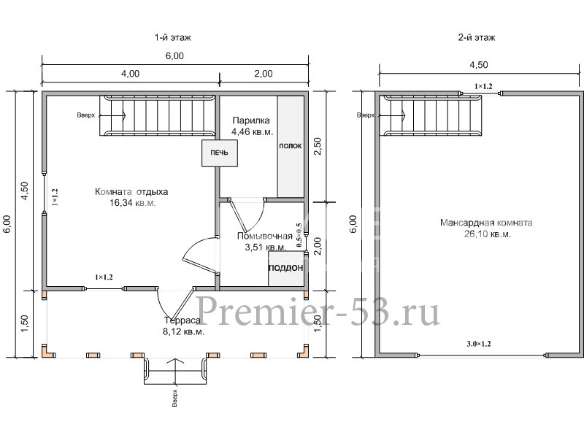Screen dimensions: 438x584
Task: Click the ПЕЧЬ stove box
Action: tap(219, 153)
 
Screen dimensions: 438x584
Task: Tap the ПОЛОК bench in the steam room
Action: tap(290, 146)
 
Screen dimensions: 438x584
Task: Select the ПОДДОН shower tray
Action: tap(286, 268)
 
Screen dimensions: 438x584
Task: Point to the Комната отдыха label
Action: tap(131, 192)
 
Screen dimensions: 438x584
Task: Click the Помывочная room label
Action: tap(265, 236)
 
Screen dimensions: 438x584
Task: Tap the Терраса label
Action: tap(182, 320)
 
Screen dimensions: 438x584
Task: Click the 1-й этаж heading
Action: tap(174, 37)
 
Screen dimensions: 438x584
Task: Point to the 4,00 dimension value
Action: tap(131, 73)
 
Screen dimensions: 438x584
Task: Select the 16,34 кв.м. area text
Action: tap(132, 204)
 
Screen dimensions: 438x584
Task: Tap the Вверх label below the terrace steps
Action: tap(174, 398)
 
